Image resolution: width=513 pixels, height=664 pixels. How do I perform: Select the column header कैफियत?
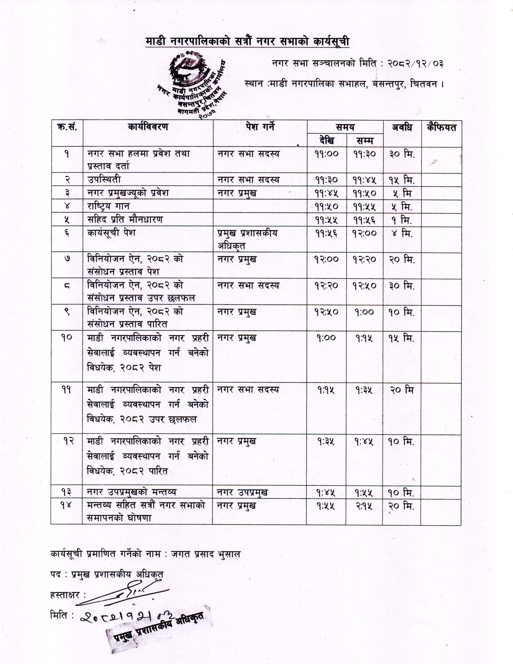[441, 128]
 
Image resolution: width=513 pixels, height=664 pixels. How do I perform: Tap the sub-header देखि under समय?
[327, 140]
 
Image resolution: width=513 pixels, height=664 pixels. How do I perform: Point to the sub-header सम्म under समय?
[364, 140]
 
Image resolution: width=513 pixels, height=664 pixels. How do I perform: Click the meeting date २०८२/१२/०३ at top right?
[415, 64]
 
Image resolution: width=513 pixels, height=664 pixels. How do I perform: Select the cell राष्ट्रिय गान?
[108, 206]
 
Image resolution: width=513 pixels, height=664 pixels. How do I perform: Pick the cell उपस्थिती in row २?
[104, 180]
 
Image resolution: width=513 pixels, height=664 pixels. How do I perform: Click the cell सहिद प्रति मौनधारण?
[125, 219]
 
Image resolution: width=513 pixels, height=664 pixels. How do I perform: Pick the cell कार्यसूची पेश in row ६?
[111, 233]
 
